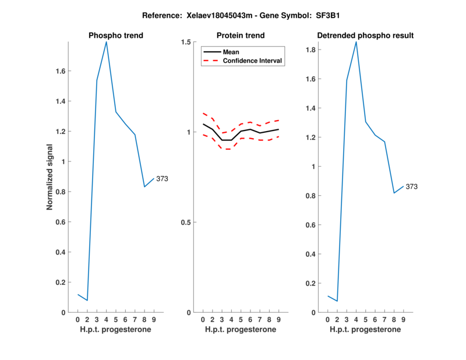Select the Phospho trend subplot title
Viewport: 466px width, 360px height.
(116, 36)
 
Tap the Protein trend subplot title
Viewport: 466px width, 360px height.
(241, 36)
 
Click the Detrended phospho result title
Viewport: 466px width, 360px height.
(366, 36)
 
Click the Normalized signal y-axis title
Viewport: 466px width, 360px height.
(51, 177)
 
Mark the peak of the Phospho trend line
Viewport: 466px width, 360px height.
(106, 42)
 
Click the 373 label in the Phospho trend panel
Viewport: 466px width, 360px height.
(162, 179)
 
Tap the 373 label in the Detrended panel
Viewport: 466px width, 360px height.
(412, 187)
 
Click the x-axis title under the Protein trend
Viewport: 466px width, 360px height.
(241, 330)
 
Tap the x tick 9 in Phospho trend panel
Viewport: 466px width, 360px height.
(154, 320)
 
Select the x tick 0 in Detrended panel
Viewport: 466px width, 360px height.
(327, 320)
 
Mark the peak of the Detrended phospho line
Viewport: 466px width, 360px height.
(356, 42)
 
